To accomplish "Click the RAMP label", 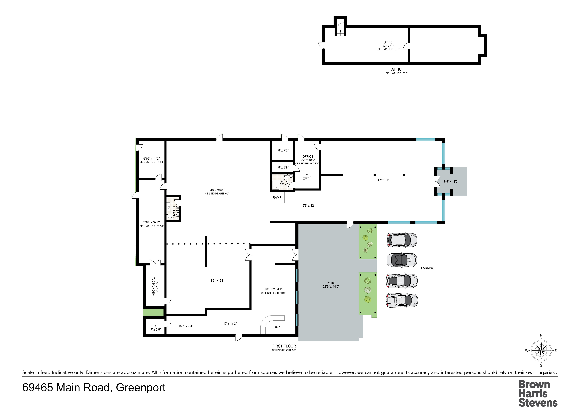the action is tap(277, 198).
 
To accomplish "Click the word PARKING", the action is tap(428, 268).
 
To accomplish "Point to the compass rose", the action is tap(541, 351).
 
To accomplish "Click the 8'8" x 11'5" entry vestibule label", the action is tap(451, 181).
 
